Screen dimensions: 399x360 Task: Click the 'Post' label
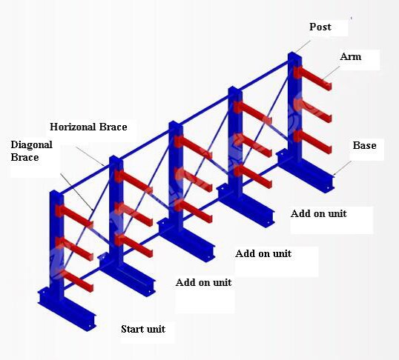[x=320, y=27]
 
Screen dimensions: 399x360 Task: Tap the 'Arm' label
[x=350, y=56]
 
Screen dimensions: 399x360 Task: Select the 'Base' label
[x=364, y=145]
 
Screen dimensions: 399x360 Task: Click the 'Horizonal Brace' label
[x=88, y=127]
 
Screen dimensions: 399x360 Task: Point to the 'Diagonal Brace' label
[x=32, y=151]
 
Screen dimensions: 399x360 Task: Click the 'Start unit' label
[x=143, y=329]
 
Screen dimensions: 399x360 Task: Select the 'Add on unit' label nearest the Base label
[x=318, y=213]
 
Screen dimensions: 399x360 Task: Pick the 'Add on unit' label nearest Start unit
[x=203, y=282]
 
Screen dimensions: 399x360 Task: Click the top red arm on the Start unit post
[x=74, y=216]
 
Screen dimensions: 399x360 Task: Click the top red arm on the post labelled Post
[x=312, y=78]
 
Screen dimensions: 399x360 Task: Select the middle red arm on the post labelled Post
[x=312, y=110]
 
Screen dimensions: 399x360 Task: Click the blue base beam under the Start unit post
[x=67, y=309]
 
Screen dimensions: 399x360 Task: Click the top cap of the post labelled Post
[x=294, y=55]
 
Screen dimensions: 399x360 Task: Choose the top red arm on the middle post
[x=193, y=147]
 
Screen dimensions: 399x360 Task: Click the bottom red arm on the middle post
[x=193, y=211]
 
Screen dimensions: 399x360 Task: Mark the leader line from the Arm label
[x=332, y=73]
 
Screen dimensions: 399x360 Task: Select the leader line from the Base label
[x=342, y=168]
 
